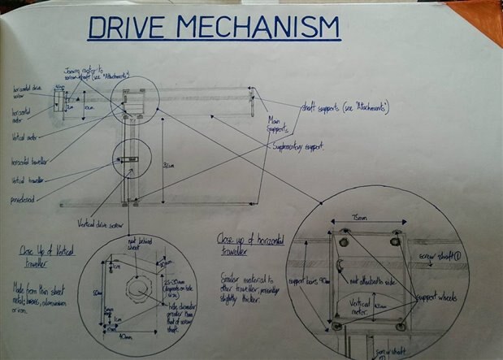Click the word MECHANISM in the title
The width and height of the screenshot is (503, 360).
click(x=257, y=30)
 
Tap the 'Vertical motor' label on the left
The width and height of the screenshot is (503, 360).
click(x=24, y=137)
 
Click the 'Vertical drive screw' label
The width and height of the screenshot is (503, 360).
click(x=101, y=223)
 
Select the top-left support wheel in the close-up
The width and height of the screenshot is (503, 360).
click(x=344, y=233)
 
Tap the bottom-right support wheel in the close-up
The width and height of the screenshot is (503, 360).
click(x=399, y=326)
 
